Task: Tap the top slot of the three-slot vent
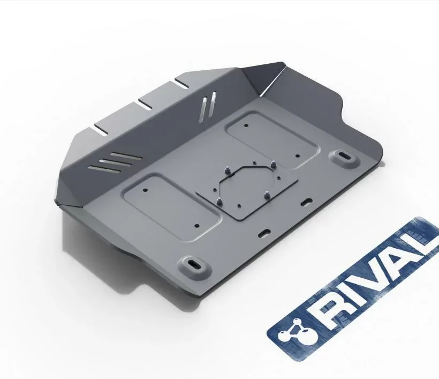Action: [126, 155]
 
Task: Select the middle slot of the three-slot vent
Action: [115, 162]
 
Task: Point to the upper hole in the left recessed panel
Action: [145, 190]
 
